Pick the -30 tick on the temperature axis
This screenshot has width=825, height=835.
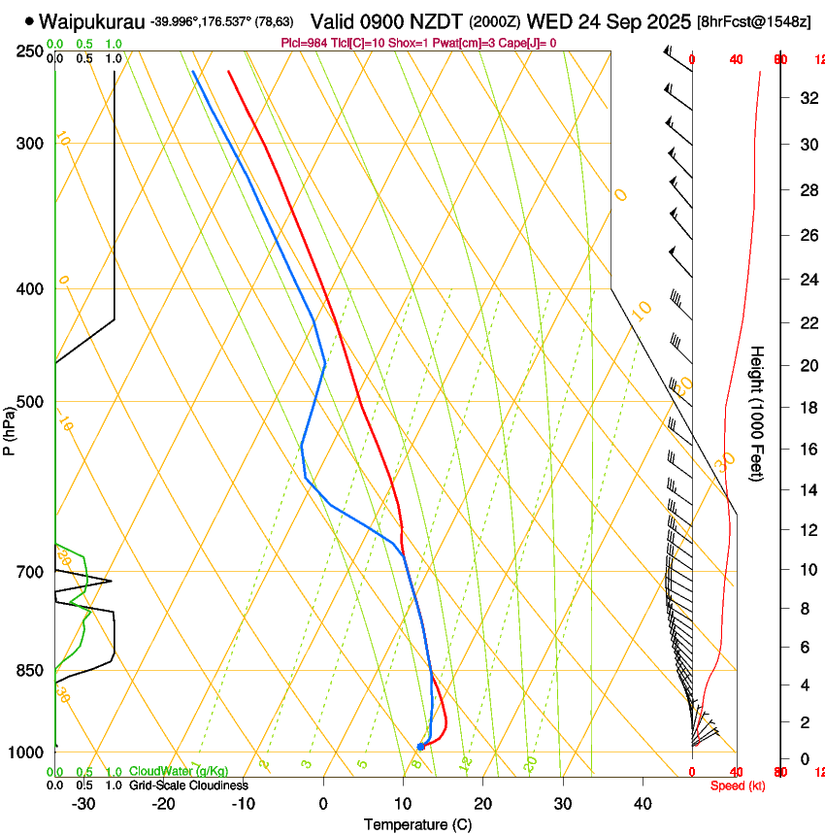(83, 803)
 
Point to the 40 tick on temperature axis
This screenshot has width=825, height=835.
(643, 803)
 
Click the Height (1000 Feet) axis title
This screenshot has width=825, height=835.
(758, 413)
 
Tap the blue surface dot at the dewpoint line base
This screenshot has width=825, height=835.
(420, 747)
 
